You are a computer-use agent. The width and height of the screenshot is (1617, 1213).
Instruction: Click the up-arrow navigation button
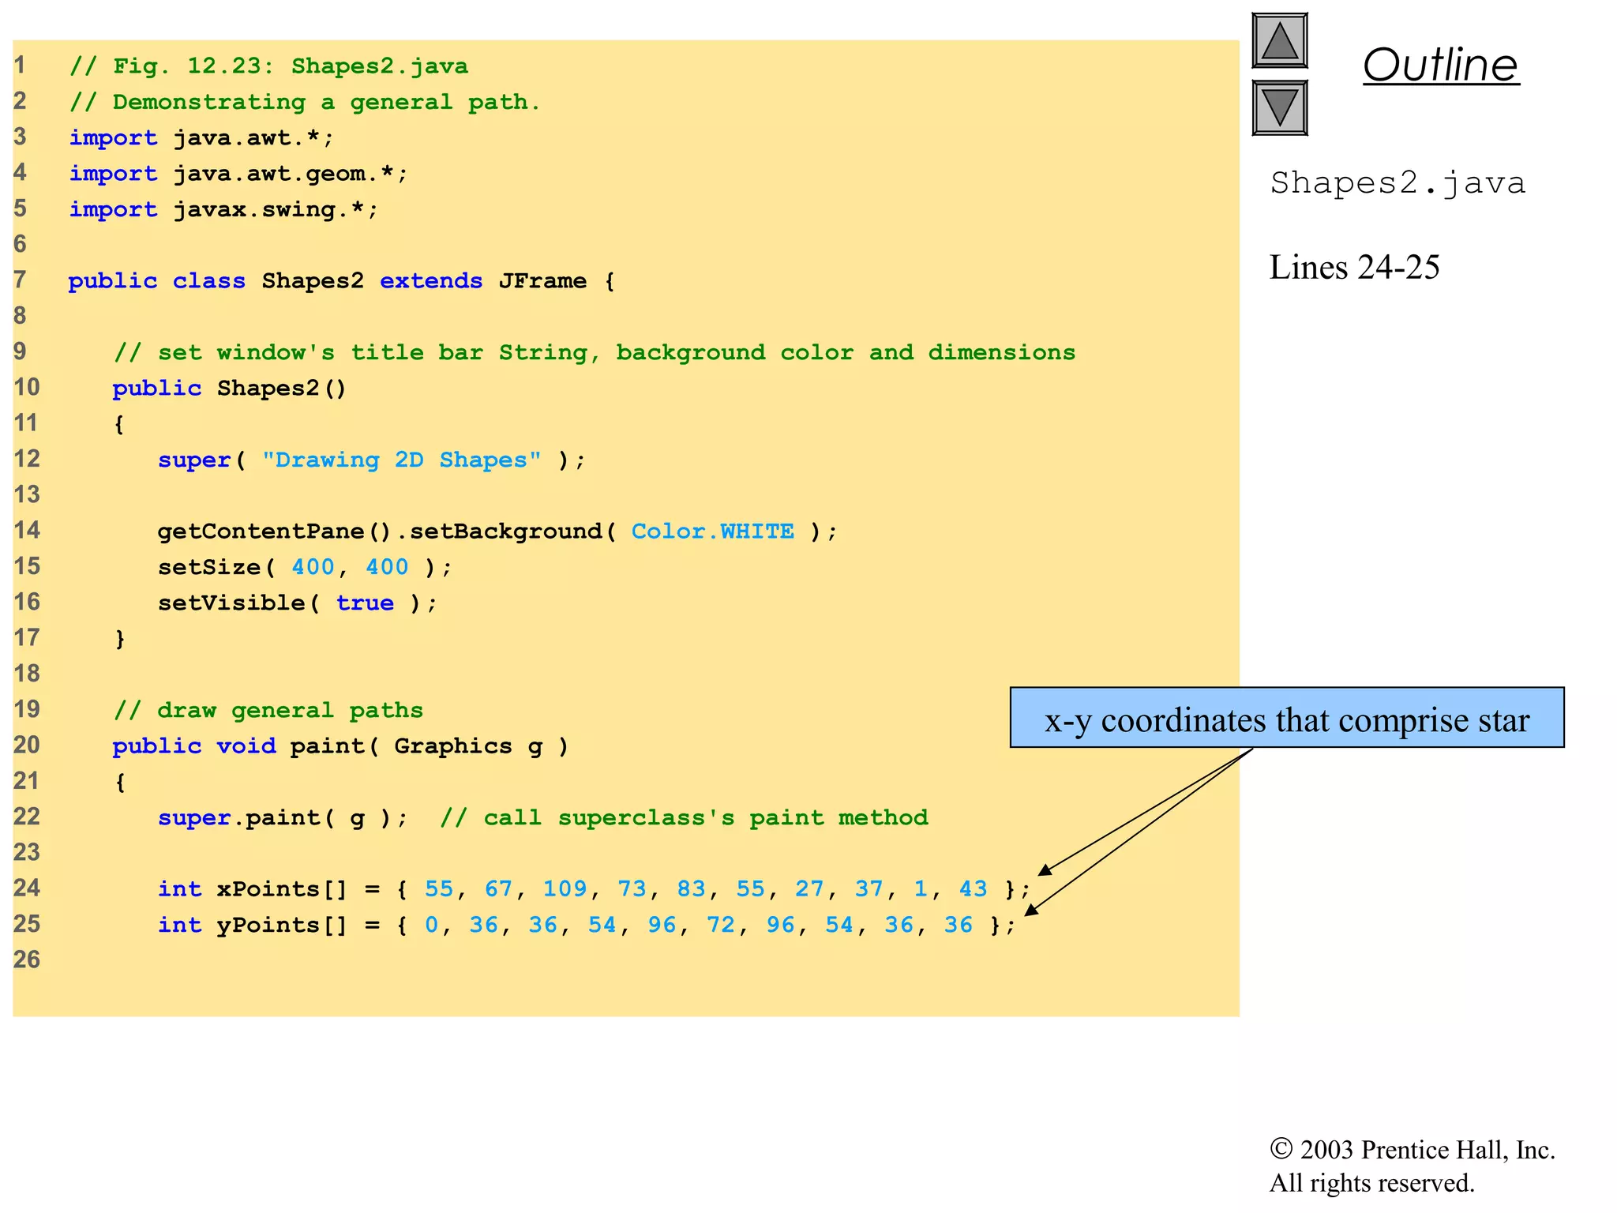pos(1279,41)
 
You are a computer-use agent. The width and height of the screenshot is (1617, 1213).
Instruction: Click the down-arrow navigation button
pos(1279,107)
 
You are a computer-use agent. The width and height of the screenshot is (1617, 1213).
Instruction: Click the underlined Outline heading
pos(1440,65)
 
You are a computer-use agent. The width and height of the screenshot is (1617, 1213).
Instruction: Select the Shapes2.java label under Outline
pos(1397,183)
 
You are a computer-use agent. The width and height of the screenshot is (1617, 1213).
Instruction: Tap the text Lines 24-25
pos(1354,268)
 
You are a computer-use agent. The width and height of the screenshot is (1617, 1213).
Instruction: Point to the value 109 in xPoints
pos(564,889)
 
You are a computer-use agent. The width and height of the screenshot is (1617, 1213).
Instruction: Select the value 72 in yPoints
pos(720,925)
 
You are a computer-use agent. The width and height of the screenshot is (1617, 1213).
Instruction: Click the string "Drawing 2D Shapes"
pos(401,460)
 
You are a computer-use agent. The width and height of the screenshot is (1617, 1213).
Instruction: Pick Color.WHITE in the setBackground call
pos(712,531)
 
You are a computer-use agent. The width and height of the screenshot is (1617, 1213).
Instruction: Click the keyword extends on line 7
pos(430,281)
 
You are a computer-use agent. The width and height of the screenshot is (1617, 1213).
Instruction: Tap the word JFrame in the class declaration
pos(542,281)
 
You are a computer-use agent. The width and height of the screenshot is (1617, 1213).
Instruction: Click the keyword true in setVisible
pos(364,603)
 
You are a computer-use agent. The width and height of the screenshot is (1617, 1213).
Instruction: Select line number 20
pos(26,745)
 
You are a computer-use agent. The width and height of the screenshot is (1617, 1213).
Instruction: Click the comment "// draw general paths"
pos(268,710)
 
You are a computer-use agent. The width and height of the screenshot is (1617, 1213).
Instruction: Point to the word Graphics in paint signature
pos(452,746)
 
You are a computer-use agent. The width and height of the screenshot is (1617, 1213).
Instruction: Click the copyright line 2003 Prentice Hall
pos(1412,1150)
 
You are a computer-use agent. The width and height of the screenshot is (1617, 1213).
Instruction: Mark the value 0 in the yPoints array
pos(431,925)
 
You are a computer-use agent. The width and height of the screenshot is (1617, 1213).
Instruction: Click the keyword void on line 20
pos(246,746)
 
